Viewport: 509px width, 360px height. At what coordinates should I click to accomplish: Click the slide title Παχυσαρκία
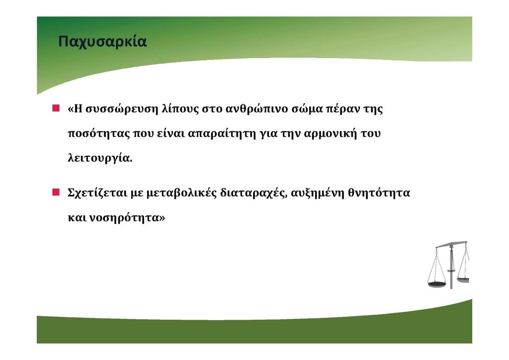pos(102,42)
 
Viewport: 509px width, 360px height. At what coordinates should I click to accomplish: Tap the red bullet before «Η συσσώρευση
pos(56,108)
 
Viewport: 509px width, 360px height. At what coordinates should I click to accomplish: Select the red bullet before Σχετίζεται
pos(56,192)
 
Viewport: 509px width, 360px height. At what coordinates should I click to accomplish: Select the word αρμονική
pos(330,134)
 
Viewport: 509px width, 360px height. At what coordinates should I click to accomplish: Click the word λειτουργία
pos(99,159)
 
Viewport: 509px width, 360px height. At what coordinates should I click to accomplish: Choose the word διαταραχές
pos(254,193)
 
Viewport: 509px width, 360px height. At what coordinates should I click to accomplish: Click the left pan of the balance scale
pos(437,285)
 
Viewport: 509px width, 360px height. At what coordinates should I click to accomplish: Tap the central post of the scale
pos(451,266)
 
